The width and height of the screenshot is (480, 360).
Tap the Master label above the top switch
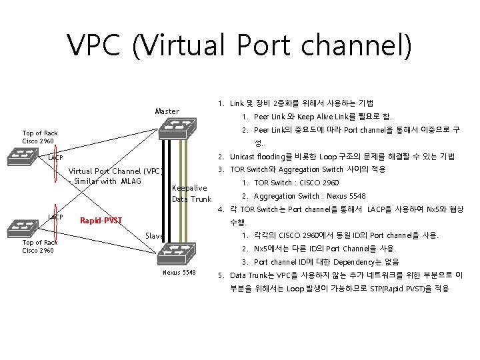[167, 111]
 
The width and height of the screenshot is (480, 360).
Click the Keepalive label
[189, 187]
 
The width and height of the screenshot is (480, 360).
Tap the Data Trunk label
[191, 199]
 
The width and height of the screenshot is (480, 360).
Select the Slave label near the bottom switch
[154, 236]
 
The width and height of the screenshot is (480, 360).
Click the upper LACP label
[55, 158]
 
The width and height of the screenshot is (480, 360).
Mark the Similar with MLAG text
[108, 181]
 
